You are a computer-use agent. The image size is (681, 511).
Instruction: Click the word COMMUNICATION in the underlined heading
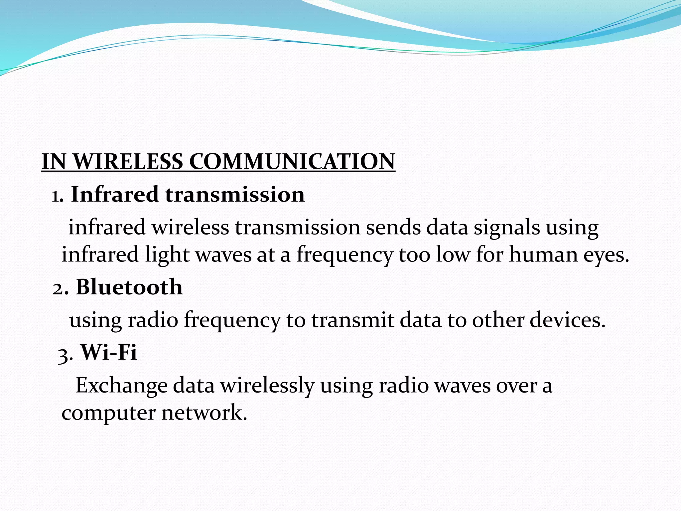[x=292, y=162]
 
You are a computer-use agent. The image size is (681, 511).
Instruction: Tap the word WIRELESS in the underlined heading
[x=128, y=162]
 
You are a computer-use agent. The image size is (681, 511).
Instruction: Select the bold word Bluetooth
[x=129, y=287]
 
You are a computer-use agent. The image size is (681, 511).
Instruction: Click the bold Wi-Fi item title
[x=109, y=352]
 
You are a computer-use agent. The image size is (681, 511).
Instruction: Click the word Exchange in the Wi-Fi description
[x=121, y=386]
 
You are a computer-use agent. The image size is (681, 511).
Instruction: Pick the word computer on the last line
[x=108, y=413]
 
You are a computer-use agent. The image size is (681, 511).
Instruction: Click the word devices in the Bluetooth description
[x=567, y=320]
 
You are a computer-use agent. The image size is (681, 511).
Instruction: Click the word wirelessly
[x=267, y=386]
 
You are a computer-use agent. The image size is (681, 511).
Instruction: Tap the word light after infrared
[x=167, y=255]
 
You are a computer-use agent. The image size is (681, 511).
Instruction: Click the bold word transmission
[x=235, y=194]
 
